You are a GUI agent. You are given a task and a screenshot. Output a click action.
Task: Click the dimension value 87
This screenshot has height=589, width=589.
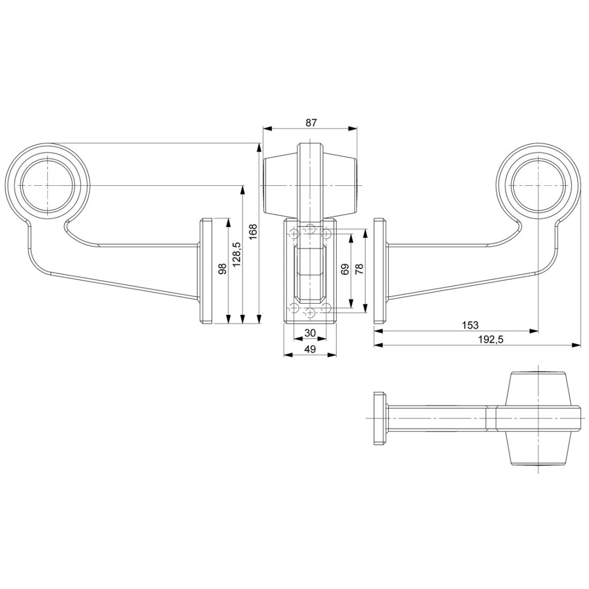312,123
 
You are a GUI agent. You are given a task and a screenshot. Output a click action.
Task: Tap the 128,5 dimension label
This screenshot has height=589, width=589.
237,254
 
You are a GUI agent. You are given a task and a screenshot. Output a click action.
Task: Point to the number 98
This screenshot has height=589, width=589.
222,269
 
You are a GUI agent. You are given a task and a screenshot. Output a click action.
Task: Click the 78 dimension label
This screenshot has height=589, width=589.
359,269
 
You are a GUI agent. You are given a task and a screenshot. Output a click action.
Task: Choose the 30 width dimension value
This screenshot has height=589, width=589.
310,333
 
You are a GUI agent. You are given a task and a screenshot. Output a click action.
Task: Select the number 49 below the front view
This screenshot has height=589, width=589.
310,349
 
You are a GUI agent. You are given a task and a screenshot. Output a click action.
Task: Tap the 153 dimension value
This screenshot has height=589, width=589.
470,324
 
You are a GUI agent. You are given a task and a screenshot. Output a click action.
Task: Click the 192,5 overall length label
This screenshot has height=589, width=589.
490,339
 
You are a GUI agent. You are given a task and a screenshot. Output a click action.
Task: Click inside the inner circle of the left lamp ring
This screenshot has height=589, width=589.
48,186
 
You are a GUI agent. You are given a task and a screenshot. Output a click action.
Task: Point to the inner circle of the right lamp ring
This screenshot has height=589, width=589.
538,186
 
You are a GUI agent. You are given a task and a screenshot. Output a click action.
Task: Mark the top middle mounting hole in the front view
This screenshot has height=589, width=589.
310,228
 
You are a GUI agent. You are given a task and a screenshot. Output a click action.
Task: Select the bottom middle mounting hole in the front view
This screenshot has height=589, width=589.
310,313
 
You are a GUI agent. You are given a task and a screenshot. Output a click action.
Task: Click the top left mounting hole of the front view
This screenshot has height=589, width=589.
294,233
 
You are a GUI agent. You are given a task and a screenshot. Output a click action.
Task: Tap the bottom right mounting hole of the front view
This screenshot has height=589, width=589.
327,309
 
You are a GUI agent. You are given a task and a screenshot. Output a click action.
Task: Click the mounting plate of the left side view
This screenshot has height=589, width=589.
206,271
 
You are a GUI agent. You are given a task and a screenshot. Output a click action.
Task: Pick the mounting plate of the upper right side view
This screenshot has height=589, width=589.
380,271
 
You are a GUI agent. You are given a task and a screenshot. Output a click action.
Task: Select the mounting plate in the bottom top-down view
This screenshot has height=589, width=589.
380,419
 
